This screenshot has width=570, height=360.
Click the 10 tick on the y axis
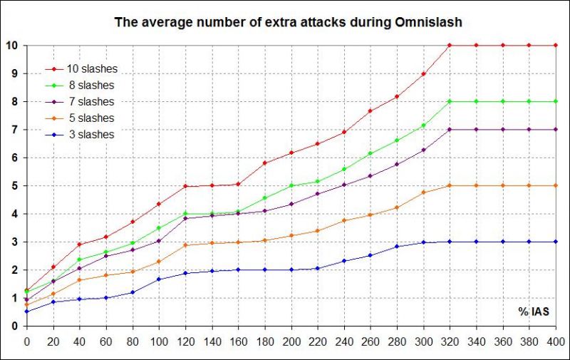[12, 46]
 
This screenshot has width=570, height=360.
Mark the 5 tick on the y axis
[14, 185]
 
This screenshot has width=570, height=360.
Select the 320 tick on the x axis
[450, 340]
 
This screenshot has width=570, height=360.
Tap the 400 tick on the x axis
[556, 340]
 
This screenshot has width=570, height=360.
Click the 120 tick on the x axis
[186, 340]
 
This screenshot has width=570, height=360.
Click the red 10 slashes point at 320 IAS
[450, 46]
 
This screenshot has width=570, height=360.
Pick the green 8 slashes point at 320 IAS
[450, 101]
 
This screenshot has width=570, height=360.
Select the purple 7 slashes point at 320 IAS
[450, 130]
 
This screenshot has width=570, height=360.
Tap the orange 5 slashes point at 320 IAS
[450, 185]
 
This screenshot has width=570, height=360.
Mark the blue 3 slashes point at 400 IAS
[556, 242]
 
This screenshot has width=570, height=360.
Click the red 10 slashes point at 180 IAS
[265, 163]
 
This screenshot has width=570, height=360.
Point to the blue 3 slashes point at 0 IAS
[27, 312]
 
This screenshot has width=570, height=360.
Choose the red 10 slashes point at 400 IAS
[556, 46]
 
